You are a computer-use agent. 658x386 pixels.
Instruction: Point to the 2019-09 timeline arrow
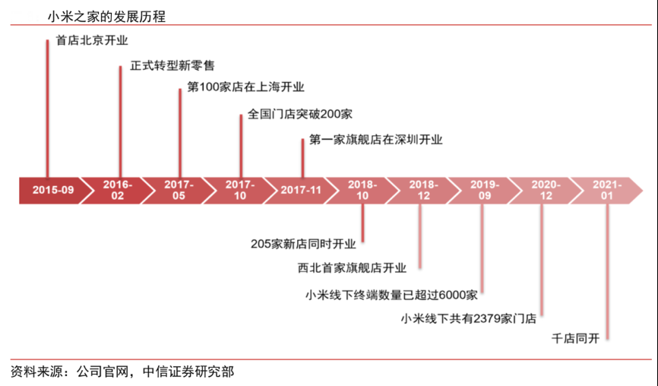click(484, 190)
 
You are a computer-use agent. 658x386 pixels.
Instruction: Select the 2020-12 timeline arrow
click(546, 190)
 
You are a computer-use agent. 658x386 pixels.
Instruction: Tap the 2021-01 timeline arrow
click(606, 190)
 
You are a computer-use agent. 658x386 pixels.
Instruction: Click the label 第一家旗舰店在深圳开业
click(375, 140)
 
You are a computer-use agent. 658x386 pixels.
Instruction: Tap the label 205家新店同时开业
click(303, 244)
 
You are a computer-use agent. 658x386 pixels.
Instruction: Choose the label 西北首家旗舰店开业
click(353, 268)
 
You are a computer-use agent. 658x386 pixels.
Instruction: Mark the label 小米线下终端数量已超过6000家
click(391, 294)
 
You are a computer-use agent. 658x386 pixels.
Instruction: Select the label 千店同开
click(575, 340)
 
